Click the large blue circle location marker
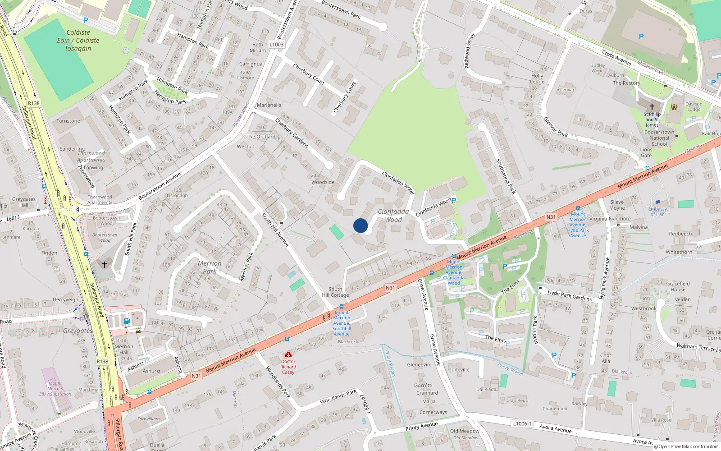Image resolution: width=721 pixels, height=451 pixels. [x=360, y=225]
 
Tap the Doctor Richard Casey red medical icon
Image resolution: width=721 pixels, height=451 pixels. [x=288, y=355]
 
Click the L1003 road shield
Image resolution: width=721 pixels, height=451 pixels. [x=276, y=44]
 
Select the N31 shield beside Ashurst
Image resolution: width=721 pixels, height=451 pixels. [x=196, y=376]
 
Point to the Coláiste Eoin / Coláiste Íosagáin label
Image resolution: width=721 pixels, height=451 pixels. [x=78, y=41]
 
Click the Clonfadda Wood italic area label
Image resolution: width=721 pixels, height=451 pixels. [x=393, y=216]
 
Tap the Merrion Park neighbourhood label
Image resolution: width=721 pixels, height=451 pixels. [x=210, y=267]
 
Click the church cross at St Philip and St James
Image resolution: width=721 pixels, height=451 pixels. [x=652, y=107]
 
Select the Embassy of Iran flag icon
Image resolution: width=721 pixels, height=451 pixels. [x=657, y=202]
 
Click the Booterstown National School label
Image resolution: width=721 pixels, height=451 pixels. [x=659, y=138]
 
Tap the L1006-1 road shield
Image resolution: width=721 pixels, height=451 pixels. [x=522, y=423]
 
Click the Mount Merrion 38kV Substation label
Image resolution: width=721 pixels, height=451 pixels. [x=55, y=388]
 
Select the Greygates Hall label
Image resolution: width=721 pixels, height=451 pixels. [x=23, y=202]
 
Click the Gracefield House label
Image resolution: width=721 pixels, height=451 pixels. [x=678, y=286]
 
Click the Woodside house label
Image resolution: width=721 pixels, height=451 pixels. [x=323, y=182]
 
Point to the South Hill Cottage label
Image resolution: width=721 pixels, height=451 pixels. [x=335, y=292]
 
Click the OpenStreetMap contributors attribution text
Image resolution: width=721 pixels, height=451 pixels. [x=686, y=446]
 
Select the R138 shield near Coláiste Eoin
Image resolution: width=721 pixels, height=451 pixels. [x=34, y=103]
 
